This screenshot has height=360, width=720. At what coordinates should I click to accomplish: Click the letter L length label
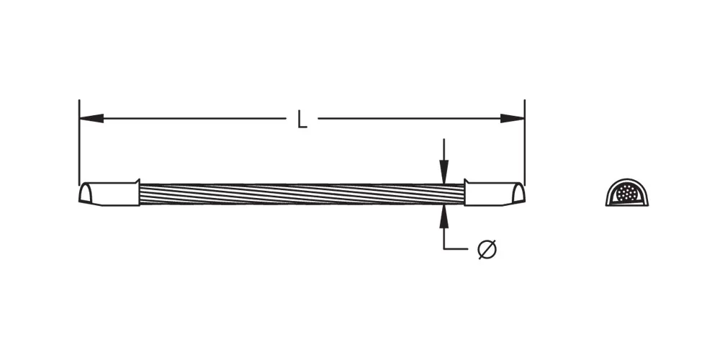tap(302, 119)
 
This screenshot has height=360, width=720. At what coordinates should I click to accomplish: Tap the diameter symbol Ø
tap(487, 249)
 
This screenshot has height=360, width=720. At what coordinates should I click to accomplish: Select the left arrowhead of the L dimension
tap(91, 119)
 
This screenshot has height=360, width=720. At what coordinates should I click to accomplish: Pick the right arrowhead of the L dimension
tap(513, 119)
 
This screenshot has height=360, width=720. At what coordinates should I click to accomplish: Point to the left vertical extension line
tap(79, 142)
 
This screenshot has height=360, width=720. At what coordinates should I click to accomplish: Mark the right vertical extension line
tap(524, 142)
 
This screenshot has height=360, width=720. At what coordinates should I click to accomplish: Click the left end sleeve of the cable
tap(109, 193)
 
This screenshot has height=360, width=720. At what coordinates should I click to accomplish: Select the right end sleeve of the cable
tap(495, 193)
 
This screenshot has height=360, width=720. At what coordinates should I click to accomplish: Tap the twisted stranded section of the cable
tap(302, 194)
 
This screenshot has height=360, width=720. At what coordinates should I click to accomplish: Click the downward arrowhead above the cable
tap(444, 172)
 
